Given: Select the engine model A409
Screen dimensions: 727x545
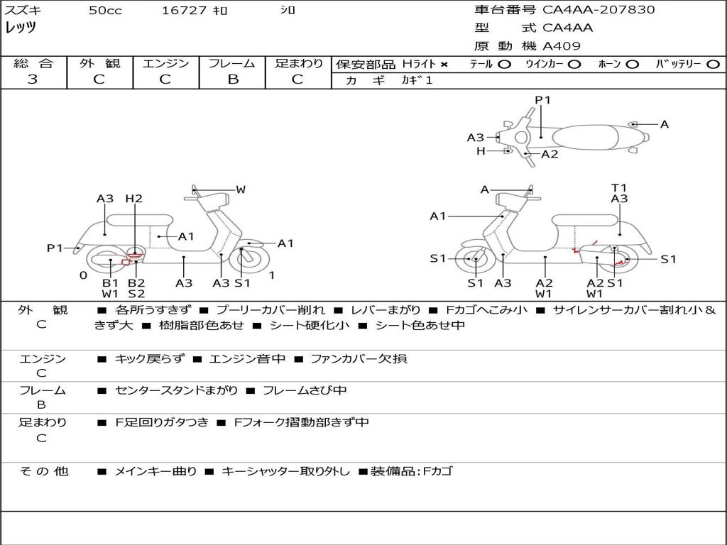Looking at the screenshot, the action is (562, 46).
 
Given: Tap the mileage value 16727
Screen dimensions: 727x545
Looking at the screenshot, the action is (184, 11).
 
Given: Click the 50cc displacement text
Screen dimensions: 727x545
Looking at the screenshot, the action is (105, 11).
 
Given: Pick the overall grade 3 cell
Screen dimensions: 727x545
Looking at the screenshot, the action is (33, 79).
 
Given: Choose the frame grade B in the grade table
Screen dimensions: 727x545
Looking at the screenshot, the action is (232, 79).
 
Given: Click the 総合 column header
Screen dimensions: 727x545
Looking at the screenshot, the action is (33, 64).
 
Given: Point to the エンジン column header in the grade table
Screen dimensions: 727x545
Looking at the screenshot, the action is (165, 64).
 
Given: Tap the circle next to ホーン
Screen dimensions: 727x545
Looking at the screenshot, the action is (633, 65).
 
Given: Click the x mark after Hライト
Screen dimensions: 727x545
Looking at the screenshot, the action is (444, 65).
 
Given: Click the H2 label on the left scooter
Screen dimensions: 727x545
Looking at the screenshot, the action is (133, 199).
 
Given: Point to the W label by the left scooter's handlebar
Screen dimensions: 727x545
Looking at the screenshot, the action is (241, 189).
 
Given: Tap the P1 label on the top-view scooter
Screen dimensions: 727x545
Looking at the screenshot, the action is (542, 100).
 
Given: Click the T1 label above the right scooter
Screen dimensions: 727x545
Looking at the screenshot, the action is (619, 188).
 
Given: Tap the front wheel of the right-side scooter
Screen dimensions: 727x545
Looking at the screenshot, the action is (475, 259).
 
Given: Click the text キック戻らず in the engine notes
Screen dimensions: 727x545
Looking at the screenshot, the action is (148, 359).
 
